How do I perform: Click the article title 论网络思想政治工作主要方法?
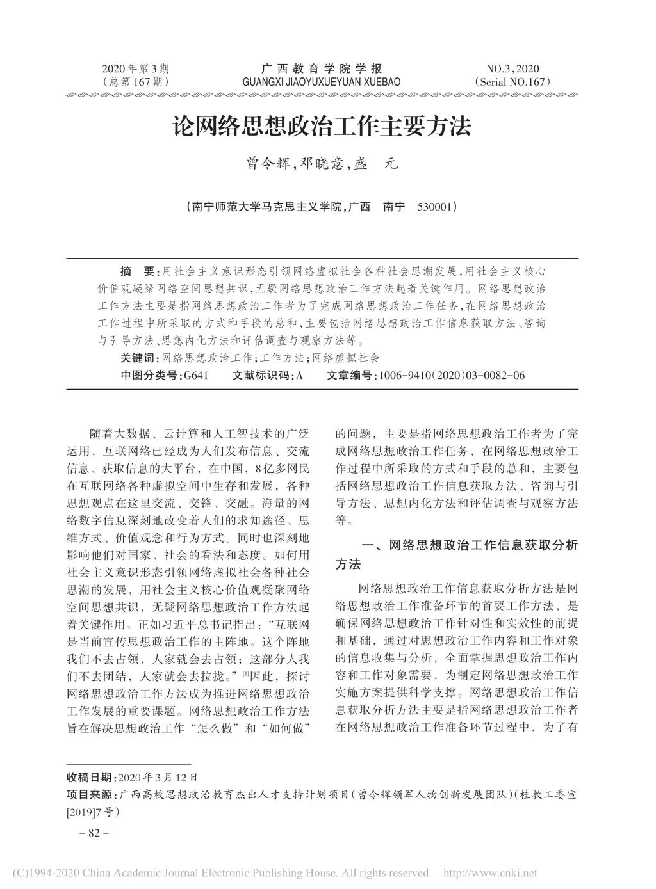tap(322, 127)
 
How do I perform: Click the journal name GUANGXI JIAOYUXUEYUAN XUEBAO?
tap(322, 82)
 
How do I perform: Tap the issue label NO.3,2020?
tap(512, 69)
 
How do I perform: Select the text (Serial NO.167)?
tap(512, 82)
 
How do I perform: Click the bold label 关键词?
tap(138, 358)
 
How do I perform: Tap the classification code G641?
tap(195, 375)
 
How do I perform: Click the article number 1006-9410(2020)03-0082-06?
tap(452, 375)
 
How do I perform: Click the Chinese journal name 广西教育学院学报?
tap(322, 69)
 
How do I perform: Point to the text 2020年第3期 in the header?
tap(135, 69)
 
